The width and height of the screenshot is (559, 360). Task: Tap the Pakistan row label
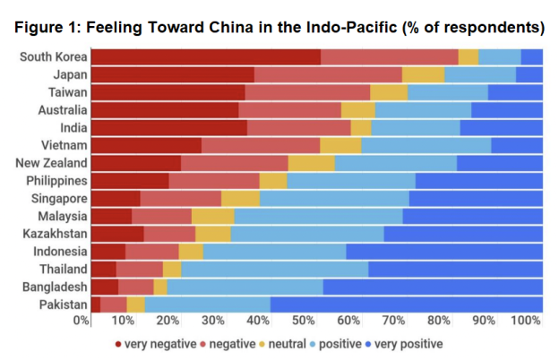click(62, 304)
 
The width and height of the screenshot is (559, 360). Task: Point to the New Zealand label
click(52, 163)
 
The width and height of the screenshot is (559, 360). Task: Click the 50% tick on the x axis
click(301, 321)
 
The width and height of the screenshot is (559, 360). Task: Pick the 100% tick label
click(526, 321)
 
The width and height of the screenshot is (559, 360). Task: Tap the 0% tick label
click(82, 321)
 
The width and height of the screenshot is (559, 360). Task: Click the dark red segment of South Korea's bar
click(205, 57)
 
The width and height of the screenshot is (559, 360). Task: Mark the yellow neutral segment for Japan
click(423, 74)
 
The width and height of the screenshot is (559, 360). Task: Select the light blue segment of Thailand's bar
click(274, 269)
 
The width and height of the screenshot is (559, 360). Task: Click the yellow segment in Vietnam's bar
click(340, 145)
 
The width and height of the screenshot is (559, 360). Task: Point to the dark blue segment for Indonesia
click(444, 251)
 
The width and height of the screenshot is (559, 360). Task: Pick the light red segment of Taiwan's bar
click(307, 92)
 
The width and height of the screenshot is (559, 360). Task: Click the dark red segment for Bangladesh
click(104, 287)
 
